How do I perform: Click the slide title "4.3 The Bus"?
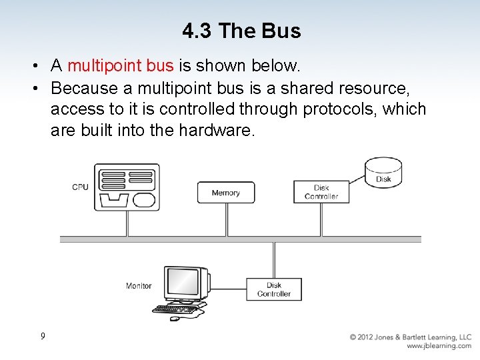click(241, 31)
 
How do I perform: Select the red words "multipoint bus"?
click(120, 66)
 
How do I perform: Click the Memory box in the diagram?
click(225, 193)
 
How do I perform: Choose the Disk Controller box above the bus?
click(321, 192)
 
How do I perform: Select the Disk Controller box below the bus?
click(274, 289)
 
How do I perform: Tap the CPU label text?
click(80, 187)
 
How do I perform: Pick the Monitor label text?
click(139, 286)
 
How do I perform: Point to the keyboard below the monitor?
click(175, 309)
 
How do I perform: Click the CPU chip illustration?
click(127, 187)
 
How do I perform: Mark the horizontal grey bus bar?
click(240, 239)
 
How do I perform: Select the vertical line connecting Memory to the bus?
click(227, 219)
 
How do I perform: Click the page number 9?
click(43, 336)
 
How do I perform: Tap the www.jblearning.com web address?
click(439, 346)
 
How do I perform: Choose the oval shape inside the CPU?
click(144, 199)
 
